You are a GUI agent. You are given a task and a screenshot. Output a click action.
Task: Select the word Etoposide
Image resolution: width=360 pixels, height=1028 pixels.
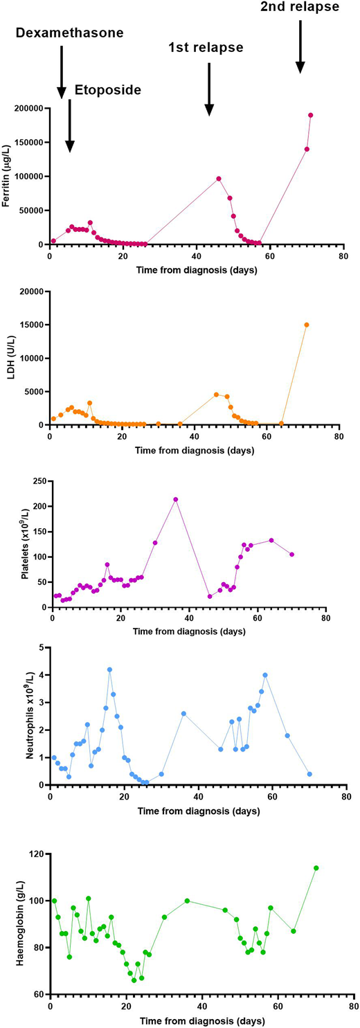[x=108, y=89]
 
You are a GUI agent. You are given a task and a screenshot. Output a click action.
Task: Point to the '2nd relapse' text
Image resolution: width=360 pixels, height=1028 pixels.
[x=300, y=8]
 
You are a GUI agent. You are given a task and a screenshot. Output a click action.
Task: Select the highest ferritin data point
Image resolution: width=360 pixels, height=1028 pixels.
[x=311, y=115]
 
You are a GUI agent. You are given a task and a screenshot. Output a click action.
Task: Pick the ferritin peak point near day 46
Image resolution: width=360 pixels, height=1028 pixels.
[x=219, y=179]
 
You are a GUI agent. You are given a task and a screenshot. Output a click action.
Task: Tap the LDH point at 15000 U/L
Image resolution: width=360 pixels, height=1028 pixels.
[x=307, y=325]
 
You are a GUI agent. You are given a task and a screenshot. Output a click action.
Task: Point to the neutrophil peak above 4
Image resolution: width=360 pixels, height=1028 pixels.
[x=109, y=669]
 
